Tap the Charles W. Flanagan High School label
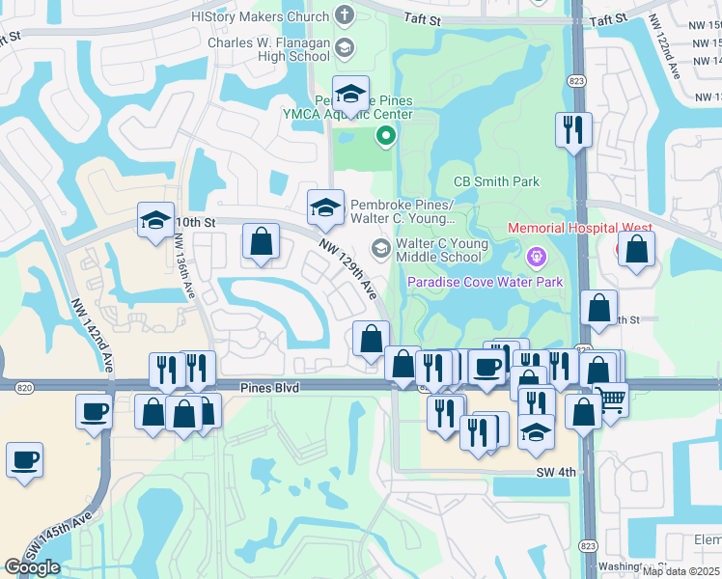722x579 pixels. click(269, 49)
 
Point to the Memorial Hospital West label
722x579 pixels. click(579, 229)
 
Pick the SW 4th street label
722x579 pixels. click(556, 472)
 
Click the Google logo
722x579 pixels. click(32, 567)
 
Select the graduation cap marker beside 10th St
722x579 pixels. click(155, 220)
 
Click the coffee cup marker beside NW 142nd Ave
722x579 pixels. click(95, 410)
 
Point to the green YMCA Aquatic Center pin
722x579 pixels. click(385, 136)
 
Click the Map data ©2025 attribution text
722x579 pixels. click(680, 571)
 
